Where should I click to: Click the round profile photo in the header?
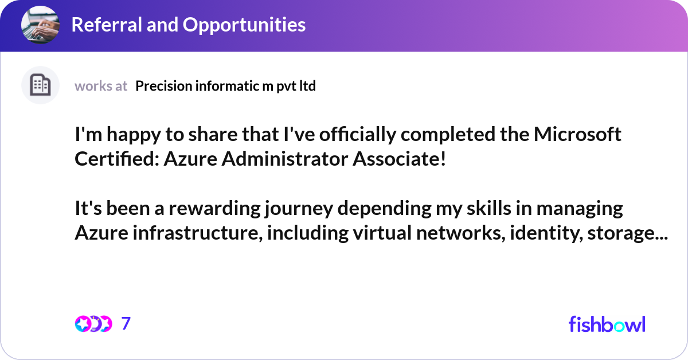coord(40,25)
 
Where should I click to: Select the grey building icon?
coord(40,85)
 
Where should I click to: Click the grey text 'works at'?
coord(101,86)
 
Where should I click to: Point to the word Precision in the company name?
coord(163,86)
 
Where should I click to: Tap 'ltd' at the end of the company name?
coord(307,86)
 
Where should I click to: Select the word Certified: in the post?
coord(116,159)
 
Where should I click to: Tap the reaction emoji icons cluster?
coord(93,324)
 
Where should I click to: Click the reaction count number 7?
coord(126,324)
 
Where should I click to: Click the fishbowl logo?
coord(607,324)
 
